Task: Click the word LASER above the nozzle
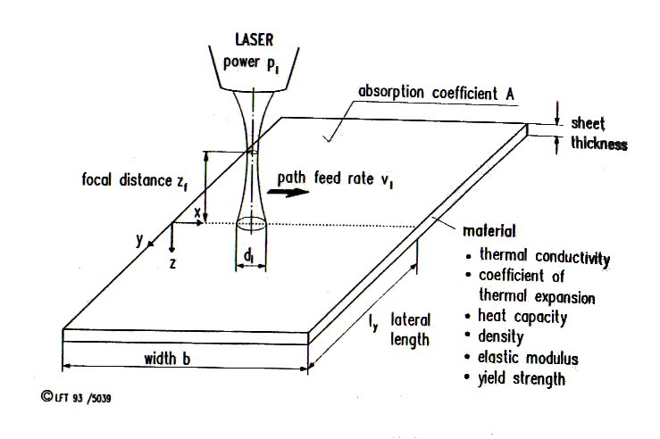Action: [255, 39]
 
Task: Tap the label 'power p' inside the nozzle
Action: [251, 63]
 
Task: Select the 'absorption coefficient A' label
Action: [436, 93]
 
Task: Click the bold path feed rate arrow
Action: [288, 193]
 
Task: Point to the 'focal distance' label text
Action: [127, 180]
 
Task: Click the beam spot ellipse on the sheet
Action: [251, 223]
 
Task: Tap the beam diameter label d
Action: [249, 256]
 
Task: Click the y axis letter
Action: [139, 240]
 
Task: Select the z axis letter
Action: [172, 264]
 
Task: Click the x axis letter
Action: [197, 213]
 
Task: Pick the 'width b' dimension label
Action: [167, 359]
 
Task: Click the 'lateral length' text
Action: [410, 329]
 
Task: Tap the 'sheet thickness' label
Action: [599, 133]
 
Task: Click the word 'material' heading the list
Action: [489, 231]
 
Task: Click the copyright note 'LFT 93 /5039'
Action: [77, 397]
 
